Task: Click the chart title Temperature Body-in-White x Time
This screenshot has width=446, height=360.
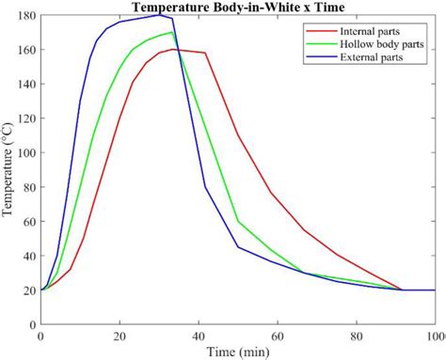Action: pos(237,8)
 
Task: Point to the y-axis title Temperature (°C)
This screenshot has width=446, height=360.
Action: pos(8,170)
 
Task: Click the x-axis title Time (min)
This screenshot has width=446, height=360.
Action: pos(237,351)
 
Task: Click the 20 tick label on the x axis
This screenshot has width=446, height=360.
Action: pos(119,336)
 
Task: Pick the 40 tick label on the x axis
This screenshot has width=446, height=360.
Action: pos(199,336)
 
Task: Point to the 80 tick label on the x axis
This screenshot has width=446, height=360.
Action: pos(357,336)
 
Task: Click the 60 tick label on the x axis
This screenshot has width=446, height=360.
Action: pos(278,336)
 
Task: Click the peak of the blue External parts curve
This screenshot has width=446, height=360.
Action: pos(159,14)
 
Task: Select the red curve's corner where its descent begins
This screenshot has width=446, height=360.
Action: pos(205,53)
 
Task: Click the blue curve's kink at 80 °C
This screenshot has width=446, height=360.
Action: pos(205,187)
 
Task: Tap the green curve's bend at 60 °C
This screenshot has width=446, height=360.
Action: pos(238,222)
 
